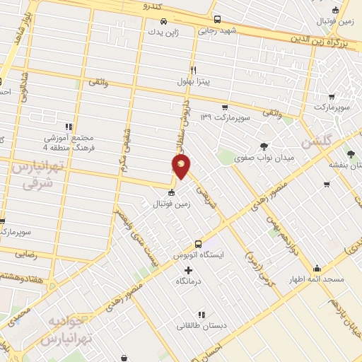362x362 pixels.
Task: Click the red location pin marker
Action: tap(182, 166)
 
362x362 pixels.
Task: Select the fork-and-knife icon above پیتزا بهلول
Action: tap(193, 70)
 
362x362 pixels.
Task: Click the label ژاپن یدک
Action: tap(163, 32)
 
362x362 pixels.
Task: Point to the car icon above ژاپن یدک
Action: tap(163, 21)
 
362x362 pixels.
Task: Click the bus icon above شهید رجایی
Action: tap(217, 20)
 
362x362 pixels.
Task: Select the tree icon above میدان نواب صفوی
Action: tap(264, 146)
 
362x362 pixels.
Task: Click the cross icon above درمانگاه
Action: tap(188, 271)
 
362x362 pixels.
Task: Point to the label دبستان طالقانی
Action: tap(202, 326)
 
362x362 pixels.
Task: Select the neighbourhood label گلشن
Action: tap(316, 141)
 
